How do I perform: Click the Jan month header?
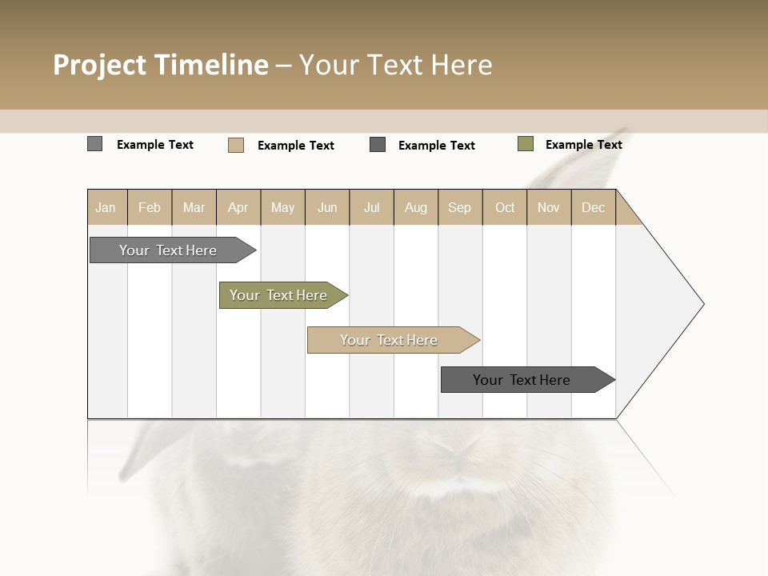[x=106, y=207]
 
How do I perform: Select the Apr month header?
[x=238, y=207]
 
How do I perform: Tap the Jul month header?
[x=372, y=207]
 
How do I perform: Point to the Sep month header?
[x=460, y=207]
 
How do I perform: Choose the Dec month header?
[x=594, y=207]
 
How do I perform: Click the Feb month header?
[x=150, y=207]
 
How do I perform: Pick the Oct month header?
[x=505, y=207]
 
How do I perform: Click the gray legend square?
[x=94, y=144]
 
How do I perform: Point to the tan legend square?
[x=235, y=145]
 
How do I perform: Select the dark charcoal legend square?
[x=378, y=145]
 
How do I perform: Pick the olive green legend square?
[x=525, y=144]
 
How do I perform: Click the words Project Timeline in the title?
[x=160, y=65]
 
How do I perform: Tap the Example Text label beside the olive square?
[x=583, y=145]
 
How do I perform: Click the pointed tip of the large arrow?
[x=701, y=304]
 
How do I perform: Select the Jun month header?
[x=327, y=207]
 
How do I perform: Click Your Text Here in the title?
[x=395, y=65]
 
